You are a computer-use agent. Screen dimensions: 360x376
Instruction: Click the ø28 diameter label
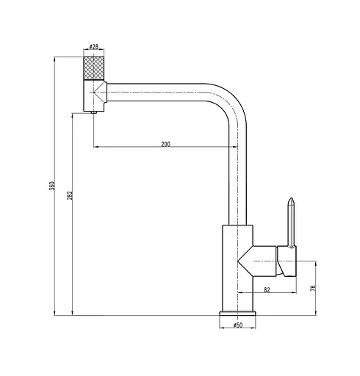click(93, 46)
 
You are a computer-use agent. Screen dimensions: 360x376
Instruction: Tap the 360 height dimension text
click(52, 186)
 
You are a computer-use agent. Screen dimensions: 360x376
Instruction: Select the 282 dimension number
click(70, 195)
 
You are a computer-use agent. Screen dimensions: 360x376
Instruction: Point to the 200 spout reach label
click(165, 144)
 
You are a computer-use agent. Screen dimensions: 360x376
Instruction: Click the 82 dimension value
click(267, 289)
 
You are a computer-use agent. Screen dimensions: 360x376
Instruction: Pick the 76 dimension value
click(313, 288)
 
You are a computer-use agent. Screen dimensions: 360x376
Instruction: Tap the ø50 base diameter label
click(238, 325)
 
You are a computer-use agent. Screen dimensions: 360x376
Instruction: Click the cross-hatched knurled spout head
click(94, 68)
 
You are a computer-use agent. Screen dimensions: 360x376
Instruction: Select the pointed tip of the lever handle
click(291, 198)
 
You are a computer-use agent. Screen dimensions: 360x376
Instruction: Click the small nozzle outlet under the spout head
click(94, 112)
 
